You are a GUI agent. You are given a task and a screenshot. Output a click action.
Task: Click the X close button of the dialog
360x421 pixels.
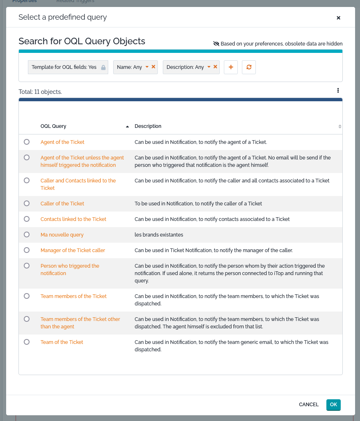338,18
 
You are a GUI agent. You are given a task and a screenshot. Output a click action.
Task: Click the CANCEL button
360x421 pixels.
309,405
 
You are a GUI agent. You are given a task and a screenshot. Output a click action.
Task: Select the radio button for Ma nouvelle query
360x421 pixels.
27,234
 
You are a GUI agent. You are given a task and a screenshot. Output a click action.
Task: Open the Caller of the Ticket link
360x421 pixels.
62,204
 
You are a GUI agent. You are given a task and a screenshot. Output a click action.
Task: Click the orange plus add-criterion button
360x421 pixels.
231,67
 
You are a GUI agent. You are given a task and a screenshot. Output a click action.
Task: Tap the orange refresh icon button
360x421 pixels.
249,67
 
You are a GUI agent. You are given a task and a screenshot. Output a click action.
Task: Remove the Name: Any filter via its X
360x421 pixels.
153,67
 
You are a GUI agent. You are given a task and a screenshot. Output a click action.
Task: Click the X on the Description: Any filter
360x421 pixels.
215,67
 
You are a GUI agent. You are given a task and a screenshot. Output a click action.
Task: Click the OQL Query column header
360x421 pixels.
53,126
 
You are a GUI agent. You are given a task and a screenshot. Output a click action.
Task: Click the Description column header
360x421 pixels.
148,126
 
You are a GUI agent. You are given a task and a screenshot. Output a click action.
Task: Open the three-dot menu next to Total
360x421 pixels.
338,91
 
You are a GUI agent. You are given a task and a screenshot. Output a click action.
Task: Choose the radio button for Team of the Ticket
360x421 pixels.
27,342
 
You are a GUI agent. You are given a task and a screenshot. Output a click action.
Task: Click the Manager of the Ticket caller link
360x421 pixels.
73,250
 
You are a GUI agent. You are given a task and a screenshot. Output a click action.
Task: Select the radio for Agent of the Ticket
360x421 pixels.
27,142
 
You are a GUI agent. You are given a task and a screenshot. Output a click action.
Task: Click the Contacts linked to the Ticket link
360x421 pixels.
73,219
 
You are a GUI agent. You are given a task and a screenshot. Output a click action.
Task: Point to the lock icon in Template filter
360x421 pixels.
103,67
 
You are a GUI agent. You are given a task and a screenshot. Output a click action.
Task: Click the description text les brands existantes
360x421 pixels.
159,235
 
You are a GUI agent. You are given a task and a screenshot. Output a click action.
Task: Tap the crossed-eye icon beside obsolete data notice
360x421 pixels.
216,44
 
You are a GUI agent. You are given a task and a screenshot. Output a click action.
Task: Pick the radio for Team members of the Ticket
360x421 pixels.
27,296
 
